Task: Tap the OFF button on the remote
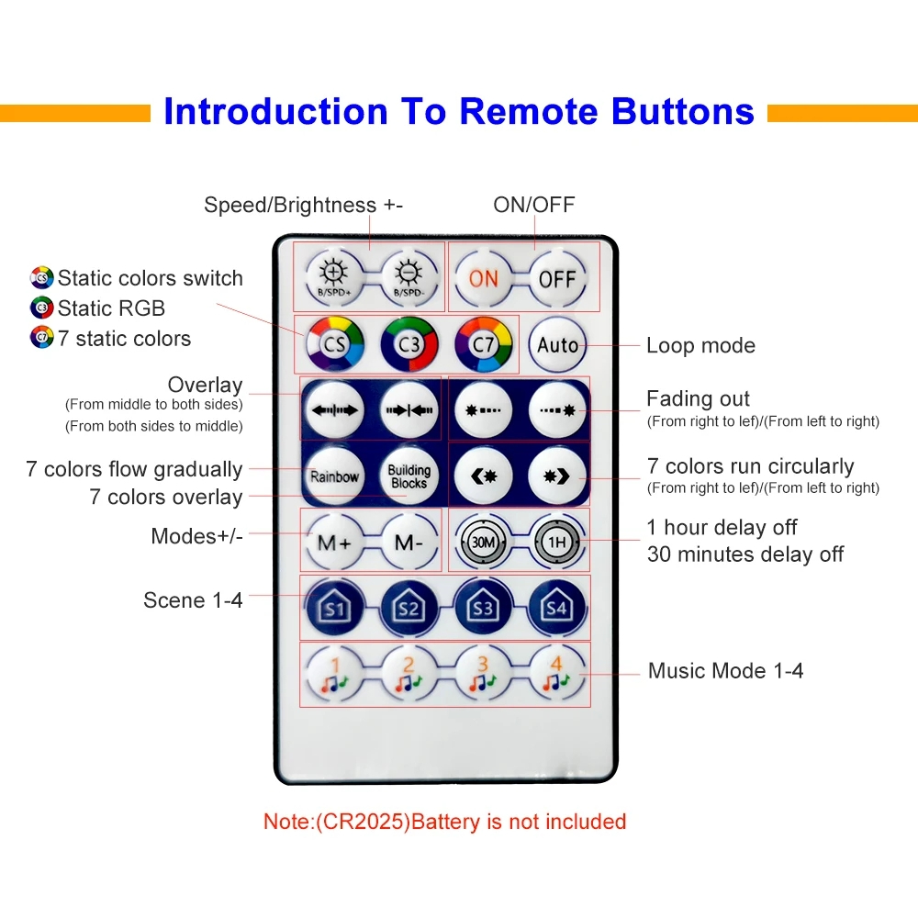coord(557,277)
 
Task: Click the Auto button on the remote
coord(557,345)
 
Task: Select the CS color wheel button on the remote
coord(334,345)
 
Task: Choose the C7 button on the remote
coord(484,345)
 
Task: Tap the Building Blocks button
coord(409,476)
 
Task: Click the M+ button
coord(334,542)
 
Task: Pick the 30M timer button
coord(483,542)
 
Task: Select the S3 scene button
coord(483,608)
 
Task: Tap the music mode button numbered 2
coord(409,674)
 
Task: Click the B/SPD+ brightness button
coord(334,277)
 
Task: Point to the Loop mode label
coord(700,346)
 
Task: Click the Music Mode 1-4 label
coord(725,671)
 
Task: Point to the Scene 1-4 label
coord(193,600)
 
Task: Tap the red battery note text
coord(444,822)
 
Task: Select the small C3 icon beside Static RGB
coord(42,308)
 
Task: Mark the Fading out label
coord(698,399)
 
